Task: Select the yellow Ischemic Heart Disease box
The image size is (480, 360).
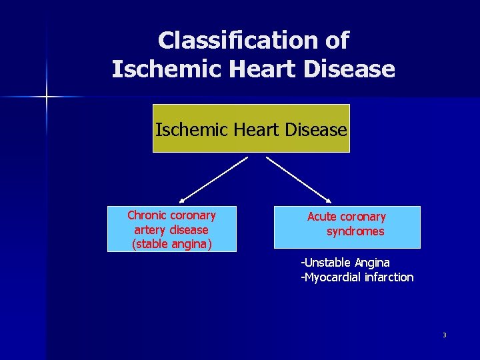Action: point(251,129)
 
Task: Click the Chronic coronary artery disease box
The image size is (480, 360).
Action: point(171,229)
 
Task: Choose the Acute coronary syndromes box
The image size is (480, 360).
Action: point(347,226)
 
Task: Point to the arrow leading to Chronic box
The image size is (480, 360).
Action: point(213,179)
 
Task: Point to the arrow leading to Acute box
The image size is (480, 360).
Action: point(299,179)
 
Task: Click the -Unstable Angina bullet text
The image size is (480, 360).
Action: point(345,263)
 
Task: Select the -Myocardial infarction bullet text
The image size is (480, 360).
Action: point(357,277)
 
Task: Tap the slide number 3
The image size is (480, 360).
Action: point(444,335)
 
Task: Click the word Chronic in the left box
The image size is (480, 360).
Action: point(147,215)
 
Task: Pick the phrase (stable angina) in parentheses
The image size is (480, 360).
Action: point(172,244)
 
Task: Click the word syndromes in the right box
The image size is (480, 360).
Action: point(355,232)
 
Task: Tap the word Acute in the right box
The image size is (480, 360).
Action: point(321,217)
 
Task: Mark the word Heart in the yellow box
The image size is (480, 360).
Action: point(253,129)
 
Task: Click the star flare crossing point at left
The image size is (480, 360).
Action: point(47,97)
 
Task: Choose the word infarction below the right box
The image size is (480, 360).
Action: point(387,277)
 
